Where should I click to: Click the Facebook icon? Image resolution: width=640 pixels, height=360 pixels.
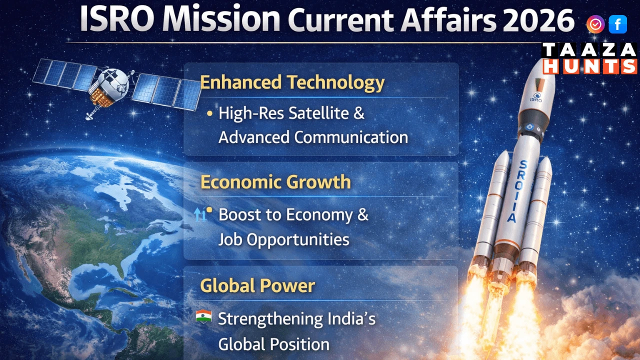click(617, 24)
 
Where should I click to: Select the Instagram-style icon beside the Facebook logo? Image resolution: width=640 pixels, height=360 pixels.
click(595, 24)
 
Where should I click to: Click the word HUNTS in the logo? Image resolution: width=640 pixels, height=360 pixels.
click(589, 66)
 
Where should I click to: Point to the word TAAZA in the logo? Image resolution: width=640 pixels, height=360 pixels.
click(589, 50)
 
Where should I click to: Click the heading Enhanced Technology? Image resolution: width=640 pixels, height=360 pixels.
click(292, 82)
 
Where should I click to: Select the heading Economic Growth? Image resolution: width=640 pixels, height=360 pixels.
click(275, 181)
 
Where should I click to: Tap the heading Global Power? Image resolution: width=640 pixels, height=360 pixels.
click(257, 285)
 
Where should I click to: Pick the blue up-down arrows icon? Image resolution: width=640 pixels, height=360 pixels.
click(199, 215)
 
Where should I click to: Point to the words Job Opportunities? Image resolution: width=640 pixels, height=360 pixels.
click(283, 239)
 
